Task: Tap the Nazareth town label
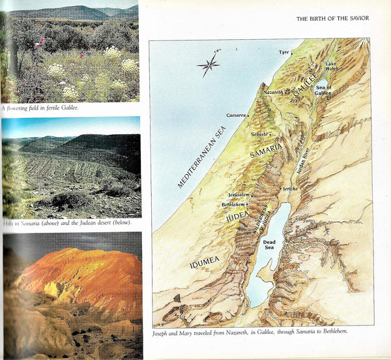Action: click(274, 93)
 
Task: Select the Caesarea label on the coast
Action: click(235, 115)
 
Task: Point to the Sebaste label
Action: click(259, 134)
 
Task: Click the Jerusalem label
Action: click(239, 194)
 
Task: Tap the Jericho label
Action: click(291, 188)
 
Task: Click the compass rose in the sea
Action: click(208, 64)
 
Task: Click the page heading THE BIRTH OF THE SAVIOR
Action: click(332, 18)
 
